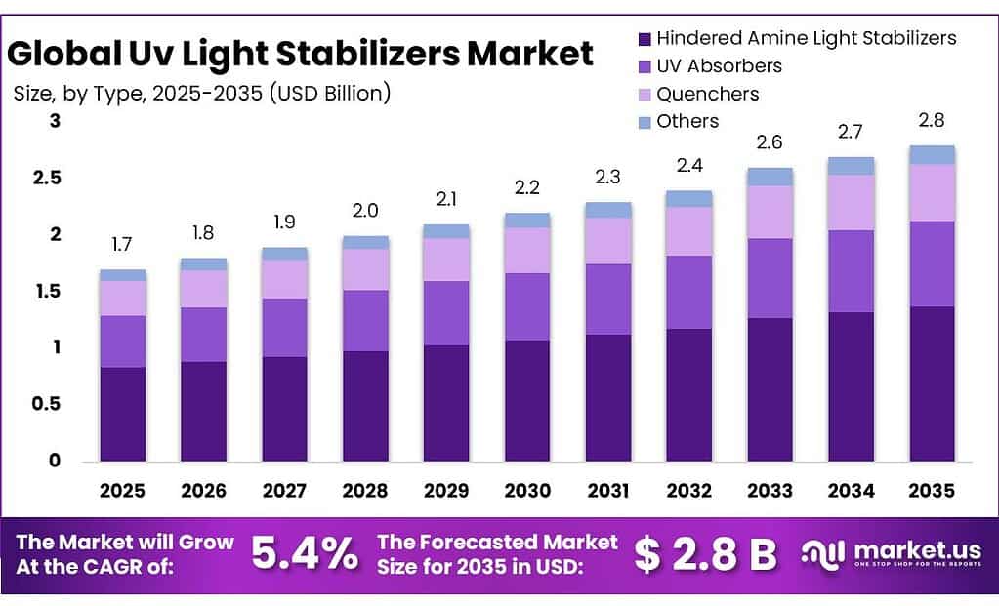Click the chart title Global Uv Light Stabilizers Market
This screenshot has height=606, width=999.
tap(300, 54)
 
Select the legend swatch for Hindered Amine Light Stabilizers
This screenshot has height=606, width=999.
tap(644, 39)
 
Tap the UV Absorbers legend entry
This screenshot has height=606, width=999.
tap(720, 66)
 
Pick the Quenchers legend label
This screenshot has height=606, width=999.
tap(708, 94)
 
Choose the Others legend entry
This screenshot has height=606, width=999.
tap(687, 121)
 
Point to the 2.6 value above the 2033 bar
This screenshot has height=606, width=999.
tap(770, 142)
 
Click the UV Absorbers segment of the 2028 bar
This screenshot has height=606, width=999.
tap(365, 320)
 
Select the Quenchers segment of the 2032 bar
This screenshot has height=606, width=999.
tap(689, 231)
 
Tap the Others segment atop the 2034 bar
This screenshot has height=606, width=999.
tap(851, 166)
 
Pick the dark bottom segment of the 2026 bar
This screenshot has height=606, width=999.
tap(203, 411)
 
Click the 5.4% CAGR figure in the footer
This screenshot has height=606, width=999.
tap(305, 554)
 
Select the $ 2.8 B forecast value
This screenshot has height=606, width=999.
tap(705, 554)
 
